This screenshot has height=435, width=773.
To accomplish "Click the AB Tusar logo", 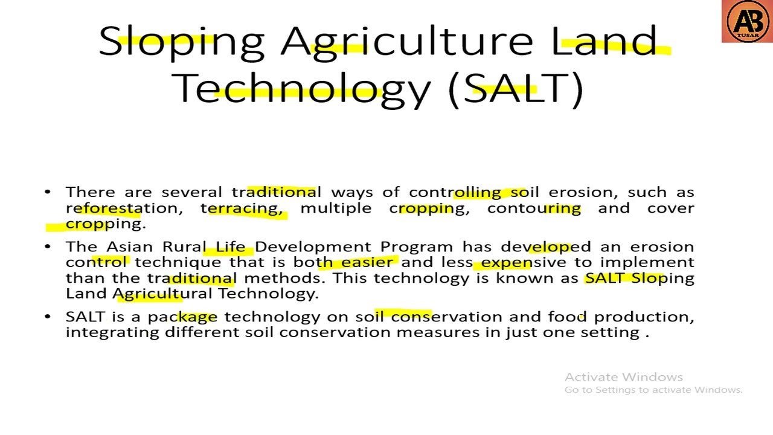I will (x=746, y=22).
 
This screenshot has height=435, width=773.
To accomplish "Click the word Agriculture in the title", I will (x=406, y=42).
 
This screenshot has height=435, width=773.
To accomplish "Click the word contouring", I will (x=534, y=208).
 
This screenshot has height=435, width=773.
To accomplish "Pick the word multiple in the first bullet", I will (x=336, y=208).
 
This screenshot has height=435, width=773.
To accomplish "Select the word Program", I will (x=416, y=247).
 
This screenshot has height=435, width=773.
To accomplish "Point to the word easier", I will (x=367, y=263).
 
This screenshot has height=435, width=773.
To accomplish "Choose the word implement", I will (x=647, y=263).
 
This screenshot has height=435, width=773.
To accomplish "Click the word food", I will (x=567, y=317).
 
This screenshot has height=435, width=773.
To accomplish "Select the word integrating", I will (x=112, y=333).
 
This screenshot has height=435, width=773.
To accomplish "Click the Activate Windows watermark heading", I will (x=623, y=377).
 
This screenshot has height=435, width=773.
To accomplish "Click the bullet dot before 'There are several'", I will (x=48, y=192).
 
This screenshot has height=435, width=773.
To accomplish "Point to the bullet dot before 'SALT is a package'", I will (x=48, y=317).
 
